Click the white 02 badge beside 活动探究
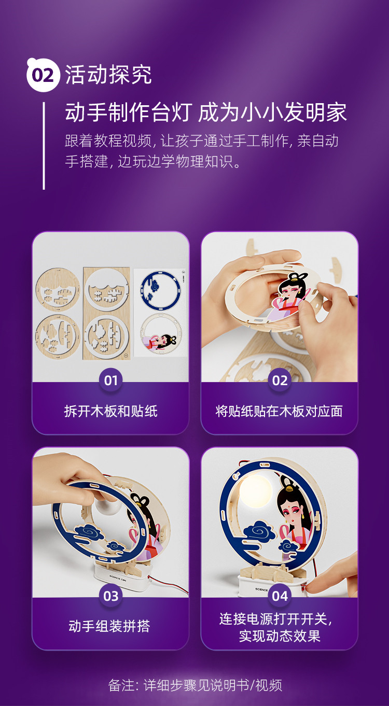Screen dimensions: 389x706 43,75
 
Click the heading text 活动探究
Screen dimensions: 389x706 108,75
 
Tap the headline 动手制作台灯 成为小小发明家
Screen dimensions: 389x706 206,112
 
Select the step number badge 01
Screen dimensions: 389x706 111,380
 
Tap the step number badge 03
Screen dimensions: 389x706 111,596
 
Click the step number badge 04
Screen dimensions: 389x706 280,596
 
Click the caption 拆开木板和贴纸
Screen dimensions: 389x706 111,411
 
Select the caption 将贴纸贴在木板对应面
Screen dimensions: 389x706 279,411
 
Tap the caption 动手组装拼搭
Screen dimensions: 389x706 109,626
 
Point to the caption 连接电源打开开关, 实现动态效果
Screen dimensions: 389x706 277,627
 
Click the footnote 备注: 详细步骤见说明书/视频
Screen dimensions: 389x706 195,685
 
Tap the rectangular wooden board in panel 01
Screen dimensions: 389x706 106,314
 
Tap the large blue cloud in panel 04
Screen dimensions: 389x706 259,532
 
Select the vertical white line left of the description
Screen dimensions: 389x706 44,146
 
